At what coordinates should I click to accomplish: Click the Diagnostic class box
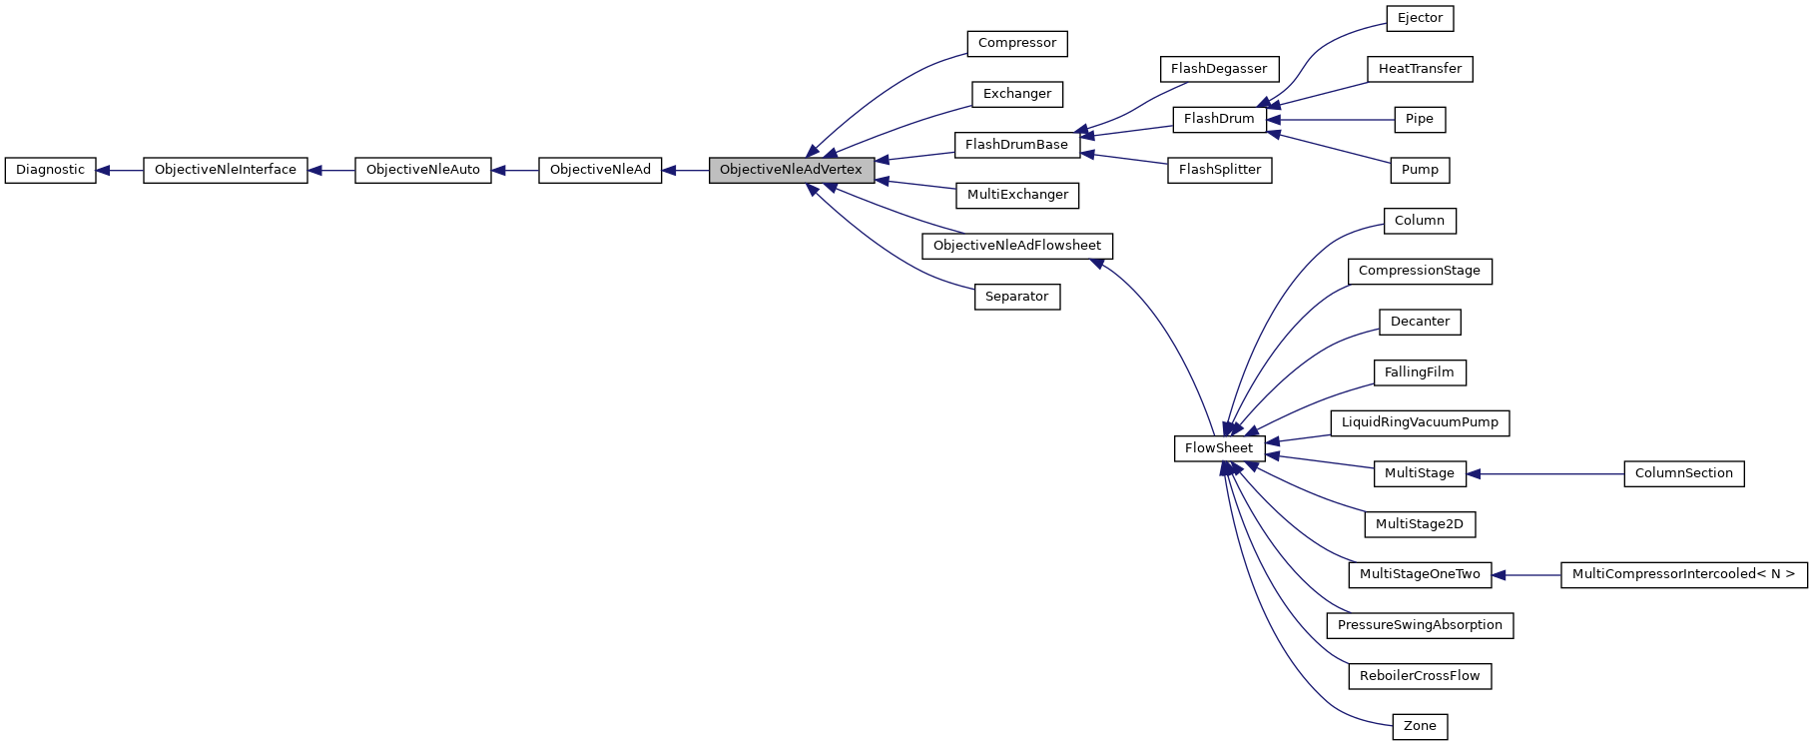50,170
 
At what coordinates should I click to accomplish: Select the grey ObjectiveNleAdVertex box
791,170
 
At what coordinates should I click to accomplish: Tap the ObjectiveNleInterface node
225,170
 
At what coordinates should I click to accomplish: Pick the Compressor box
1016,43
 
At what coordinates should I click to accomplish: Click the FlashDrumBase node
1016,145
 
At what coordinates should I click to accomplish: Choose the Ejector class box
1420,18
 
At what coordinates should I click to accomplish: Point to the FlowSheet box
1218,448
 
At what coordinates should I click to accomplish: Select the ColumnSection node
1683,473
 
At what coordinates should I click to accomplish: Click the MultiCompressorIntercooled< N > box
1683,574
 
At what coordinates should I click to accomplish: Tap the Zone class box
1419,726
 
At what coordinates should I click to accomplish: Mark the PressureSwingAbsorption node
1419,625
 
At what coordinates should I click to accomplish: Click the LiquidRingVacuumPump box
1419,422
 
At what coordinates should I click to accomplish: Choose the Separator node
1016,297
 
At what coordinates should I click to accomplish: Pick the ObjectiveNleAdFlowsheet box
1016,246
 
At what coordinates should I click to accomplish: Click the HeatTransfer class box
1419,69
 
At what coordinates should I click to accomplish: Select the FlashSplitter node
1219,170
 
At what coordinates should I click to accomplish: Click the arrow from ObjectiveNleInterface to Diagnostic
120,170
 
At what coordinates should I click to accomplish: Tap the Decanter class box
1419,322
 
